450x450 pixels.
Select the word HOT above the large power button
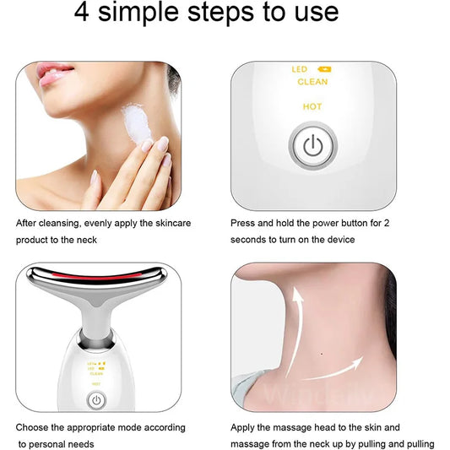(x=312, y=107)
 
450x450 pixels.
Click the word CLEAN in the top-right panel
(x=312, y=82)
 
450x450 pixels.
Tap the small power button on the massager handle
(x=95, y=400)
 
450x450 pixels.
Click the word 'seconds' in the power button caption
(x=249, y=240)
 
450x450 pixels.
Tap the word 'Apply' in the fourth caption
(x=245, y=429)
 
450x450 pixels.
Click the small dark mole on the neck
(x=321, y=352)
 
